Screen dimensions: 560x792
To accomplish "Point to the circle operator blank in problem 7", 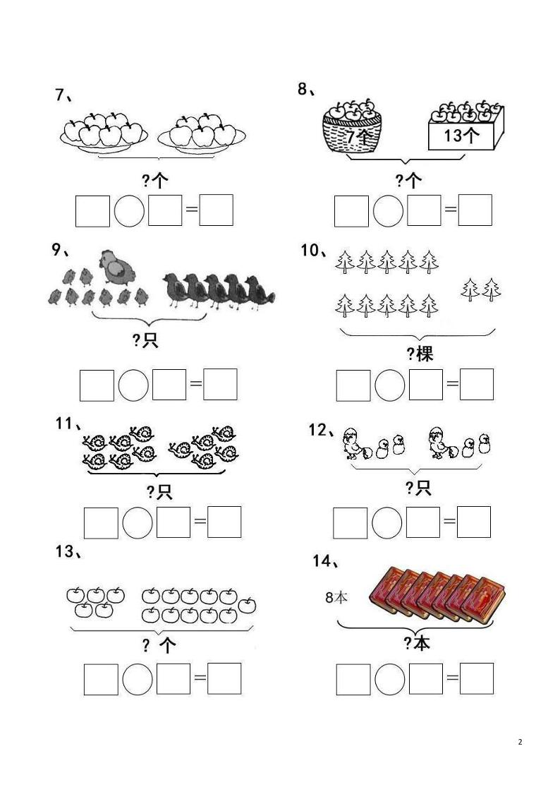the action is click(x=129, y=210).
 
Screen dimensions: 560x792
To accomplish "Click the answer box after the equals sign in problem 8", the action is click(x=475, y=210).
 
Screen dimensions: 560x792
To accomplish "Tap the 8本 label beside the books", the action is click(x=336, y=598).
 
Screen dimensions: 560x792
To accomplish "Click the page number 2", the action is click(x=520, y=742).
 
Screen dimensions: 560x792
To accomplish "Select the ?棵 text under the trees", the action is click(x=420, y=354).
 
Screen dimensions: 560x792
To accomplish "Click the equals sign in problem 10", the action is click(x=452, y=385).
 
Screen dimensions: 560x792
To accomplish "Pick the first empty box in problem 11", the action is click(x=101, y=522).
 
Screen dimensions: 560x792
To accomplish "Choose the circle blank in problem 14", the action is click(x=390, y=679).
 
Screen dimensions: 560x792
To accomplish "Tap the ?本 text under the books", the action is click(x=417, y=643).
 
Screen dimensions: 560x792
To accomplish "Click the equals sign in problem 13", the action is click(x=200, y=678).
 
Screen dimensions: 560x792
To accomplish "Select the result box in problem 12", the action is click(x=474, y=522).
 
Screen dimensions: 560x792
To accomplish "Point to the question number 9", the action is click(x=59, y=250).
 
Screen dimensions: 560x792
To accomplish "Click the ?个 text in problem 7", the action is click(x=154, y=181).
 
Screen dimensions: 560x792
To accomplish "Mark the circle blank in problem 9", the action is click(x=133, y=385).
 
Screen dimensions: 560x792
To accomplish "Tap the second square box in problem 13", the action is click(x=174, y=679).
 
